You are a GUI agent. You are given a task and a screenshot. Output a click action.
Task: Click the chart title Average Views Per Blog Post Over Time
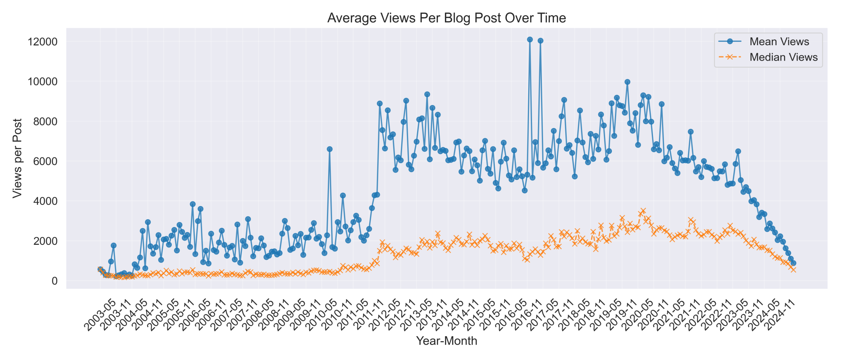click(446, 18)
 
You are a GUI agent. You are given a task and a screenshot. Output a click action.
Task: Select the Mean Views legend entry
click(779, 41)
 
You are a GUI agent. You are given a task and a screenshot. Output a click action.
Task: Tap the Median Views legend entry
click(783, 57)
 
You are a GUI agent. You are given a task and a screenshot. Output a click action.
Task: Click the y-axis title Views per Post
click(17, 158)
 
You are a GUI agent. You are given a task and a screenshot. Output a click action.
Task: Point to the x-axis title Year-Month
click(446, 341)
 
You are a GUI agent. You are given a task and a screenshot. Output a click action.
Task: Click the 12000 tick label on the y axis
click(42, 42)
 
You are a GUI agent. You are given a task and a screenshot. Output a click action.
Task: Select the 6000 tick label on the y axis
click(45, 161)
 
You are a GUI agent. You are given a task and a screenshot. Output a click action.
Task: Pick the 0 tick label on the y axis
click(55, 281)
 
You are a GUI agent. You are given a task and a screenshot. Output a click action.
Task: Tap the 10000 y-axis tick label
click(42, 82)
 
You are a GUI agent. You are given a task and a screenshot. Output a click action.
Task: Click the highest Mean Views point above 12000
click(530, 40)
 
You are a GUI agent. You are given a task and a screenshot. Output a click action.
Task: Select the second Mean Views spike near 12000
click(540, 41)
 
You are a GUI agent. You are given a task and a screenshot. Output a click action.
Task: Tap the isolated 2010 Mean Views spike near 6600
click(330, 149)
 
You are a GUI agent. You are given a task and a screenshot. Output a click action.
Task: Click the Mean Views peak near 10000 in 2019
click(627, 82)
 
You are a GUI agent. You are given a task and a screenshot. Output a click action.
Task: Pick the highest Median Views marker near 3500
click(643, 211)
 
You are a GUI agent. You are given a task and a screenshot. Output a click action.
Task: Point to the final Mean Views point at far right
click(793, 263)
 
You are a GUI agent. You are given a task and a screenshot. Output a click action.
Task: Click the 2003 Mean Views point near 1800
click(113, 246)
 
